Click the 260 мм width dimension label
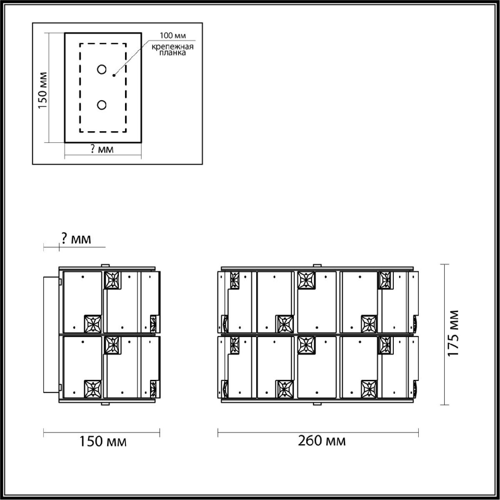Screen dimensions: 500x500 (322, 441)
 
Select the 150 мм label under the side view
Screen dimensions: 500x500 (102, 441)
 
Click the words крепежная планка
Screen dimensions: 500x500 (172, 50)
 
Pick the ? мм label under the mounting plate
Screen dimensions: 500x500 (102, 149)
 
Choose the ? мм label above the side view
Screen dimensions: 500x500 (76, 239)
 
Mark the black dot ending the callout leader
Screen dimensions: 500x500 (114, 75)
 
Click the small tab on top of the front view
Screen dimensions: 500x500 (318, 265)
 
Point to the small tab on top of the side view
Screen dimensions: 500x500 (106, 265)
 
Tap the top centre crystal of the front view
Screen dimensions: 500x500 (306, 280)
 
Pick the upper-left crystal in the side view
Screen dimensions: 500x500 (112, 280)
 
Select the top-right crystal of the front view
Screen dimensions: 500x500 (385, 280)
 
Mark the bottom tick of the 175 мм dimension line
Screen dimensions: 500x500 (445, 404)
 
